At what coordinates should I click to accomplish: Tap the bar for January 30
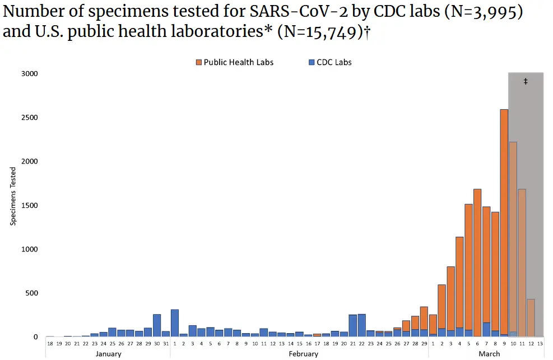coord(157,325)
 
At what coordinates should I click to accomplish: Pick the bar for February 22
coord(361,325)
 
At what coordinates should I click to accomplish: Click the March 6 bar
coord(477,263)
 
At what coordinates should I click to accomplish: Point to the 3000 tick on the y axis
coord(29,73)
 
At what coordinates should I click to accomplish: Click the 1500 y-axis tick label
coord(29,205)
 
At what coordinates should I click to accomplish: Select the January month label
coord(108,354)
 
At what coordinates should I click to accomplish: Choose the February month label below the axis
coord(303,354)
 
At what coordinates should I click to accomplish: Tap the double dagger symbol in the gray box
coord(526,82)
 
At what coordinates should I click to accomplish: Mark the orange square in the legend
coord(198,62)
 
